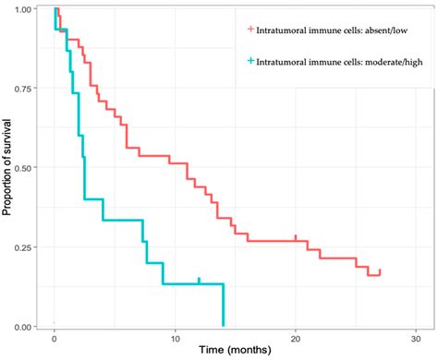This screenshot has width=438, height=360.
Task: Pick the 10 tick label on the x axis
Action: (x=175, y=339)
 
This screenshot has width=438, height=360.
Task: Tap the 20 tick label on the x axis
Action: (x=296, y=339)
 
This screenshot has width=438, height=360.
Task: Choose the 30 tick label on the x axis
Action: (x=416, y=339)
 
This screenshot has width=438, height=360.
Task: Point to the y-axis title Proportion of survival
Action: (x=7, y=166)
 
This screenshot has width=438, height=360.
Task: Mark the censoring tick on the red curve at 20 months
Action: (x=296, y=237)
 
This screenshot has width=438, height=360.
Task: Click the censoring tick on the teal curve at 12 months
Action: (x=199, y=280)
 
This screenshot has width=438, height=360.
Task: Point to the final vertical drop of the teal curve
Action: (x=223, y=305)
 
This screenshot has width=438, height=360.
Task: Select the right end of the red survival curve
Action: (x=379, y=272)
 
